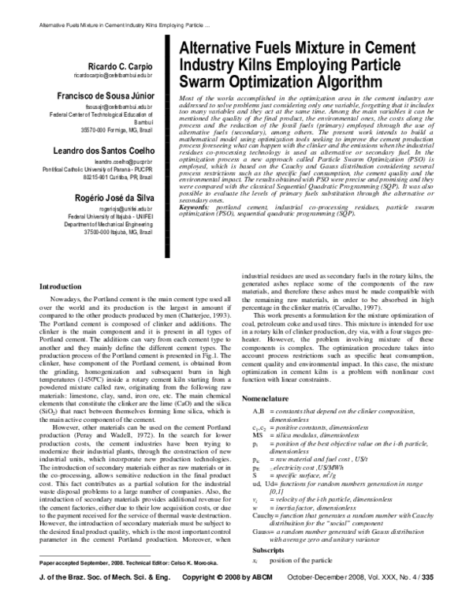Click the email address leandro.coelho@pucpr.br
click(x=132, y=162)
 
